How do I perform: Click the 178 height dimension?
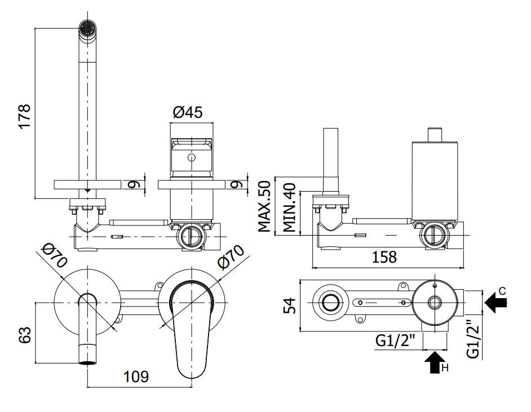[x=25, y=116]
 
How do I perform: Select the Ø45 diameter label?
[x=188, y=112]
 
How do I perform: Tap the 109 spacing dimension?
[x=136, y=376]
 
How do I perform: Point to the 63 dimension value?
[x=25, y=335]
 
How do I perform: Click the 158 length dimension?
[x=384, y=257]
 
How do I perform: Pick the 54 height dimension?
[x=290, y=305]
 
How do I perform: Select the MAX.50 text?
[x=264, y=206]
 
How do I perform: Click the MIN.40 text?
[x=289, y=207]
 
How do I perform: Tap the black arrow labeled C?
[x=496, y=302]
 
